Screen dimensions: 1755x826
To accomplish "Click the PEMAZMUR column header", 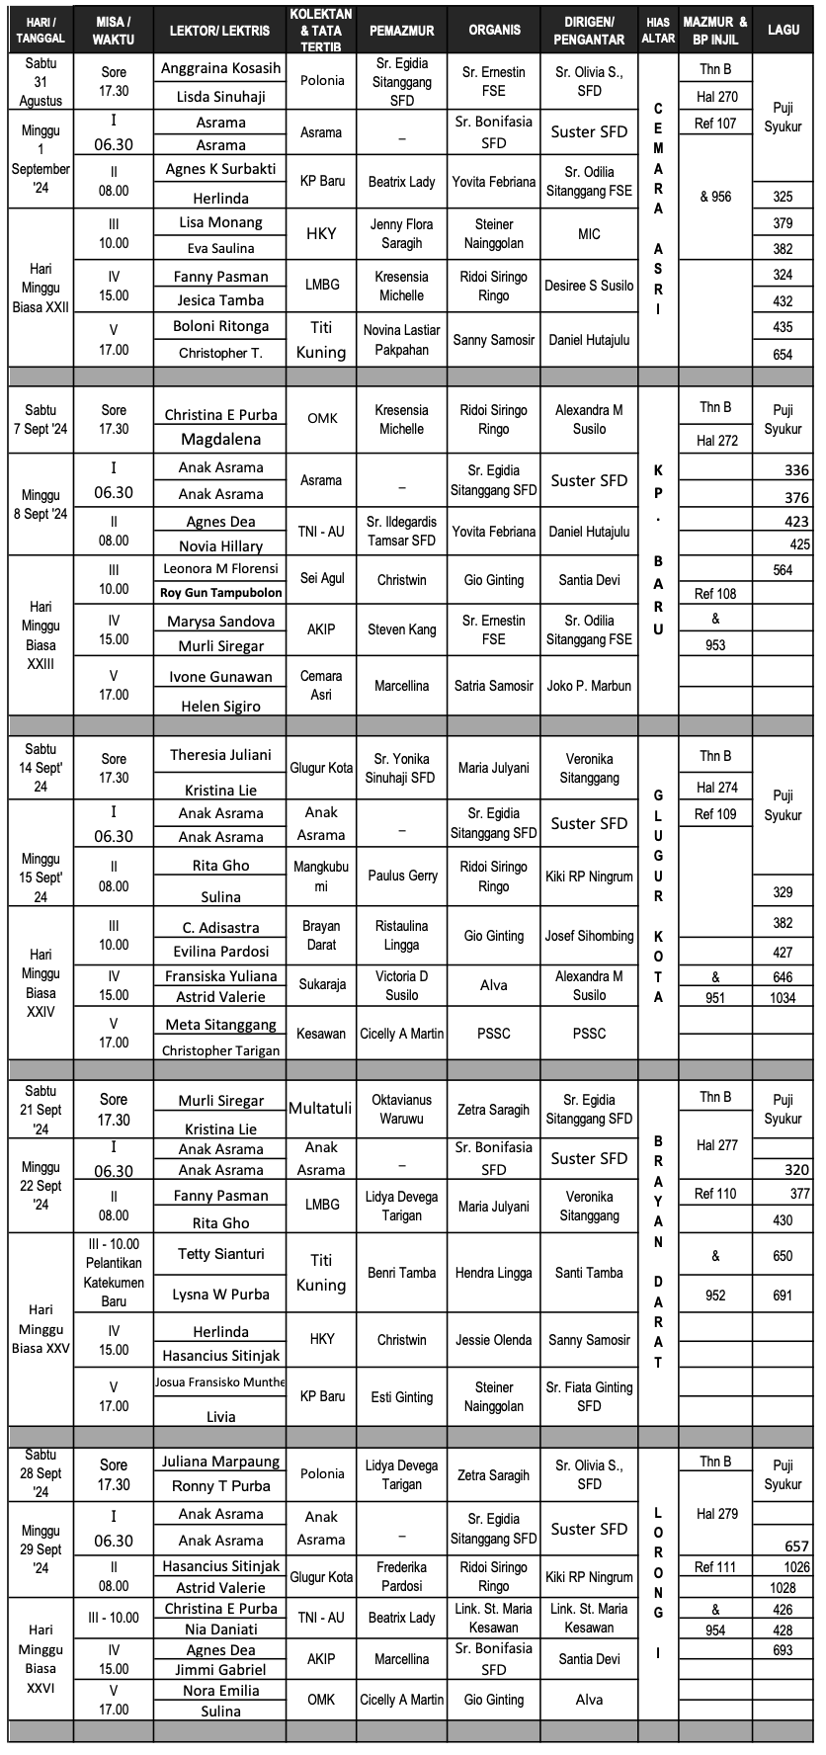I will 402,31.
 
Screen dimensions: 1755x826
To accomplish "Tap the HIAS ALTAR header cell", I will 658,30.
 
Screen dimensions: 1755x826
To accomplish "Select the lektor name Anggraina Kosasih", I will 220,69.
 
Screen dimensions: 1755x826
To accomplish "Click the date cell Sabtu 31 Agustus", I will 41,81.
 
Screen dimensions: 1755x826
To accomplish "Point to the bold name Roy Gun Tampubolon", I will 220,593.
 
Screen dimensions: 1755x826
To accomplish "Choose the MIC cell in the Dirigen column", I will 589,234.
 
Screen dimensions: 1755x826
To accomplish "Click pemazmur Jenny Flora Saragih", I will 402,234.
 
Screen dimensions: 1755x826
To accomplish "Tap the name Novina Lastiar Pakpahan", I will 402,340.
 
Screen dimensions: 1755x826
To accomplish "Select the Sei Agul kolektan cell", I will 322,579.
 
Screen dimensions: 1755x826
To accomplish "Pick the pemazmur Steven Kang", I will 402,629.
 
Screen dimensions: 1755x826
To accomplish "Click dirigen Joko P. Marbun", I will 589,686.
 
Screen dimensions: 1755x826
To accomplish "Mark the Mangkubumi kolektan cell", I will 321,877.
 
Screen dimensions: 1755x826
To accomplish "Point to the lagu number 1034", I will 783,998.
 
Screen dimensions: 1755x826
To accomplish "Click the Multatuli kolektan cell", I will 321,1109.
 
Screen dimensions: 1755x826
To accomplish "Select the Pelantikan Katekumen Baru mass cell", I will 114,1273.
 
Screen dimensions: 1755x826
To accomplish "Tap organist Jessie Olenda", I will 494,1341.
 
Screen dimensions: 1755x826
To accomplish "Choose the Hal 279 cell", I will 715,1514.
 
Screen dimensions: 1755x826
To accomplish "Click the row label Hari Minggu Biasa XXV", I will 41,1329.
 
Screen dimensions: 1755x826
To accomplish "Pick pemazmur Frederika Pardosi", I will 402,1577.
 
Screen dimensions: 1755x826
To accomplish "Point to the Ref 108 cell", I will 715,594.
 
